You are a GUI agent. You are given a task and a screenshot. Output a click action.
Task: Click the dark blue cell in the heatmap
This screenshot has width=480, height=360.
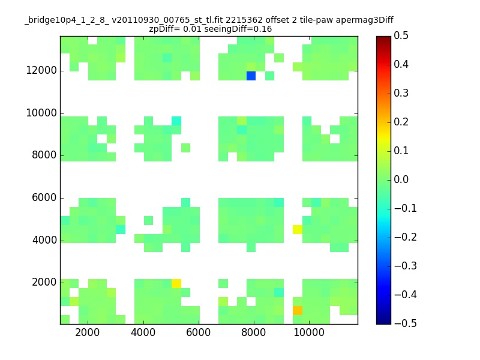[251, 76]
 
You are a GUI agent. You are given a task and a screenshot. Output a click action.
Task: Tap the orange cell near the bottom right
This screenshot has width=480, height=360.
[298, 310]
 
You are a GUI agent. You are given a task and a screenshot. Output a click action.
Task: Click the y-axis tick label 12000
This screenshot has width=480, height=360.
[41, 70]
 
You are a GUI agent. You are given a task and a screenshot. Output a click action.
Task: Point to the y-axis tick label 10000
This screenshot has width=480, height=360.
[41, 113]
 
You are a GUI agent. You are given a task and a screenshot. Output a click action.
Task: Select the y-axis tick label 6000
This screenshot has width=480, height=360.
[44, 197]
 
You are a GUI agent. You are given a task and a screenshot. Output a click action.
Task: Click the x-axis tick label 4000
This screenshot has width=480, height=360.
[143, 332]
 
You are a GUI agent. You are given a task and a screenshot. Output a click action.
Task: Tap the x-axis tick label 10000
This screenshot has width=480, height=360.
[309, 332]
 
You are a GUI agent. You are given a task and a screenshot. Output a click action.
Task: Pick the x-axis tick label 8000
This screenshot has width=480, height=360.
[253, 332]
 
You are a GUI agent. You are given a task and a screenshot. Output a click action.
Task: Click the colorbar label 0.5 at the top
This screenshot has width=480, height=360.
[401, 35]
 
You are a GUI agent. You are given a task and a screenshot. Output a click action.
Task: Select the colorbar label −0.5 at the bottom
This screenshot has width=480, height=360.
[406, 323]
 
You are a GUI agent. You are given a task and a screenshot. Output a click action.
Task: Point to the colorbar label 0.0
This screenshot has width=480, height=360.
[401, 179]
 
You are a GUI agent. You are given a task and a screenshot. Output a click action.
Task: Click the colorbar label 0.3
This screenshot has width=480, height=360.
[401, 93]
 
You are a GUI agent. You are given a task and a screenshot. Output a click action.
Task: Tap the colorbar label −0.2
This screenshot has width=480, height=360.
[406, 237]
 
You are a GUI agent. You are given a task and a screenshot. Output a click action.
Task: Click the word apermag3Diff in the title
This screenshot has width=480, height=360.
[365, 20]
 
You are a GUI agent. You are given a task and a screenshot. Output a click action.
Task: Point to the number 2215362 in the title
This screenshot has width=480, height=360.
[244, 20]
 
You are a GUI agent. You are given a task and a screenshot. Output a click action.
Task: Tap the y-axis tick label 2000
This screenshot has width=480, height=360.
[44, 282]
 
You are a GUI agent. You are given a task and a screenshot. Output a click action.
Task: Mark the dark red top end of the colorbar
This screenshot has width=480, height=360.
[383, 37]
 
